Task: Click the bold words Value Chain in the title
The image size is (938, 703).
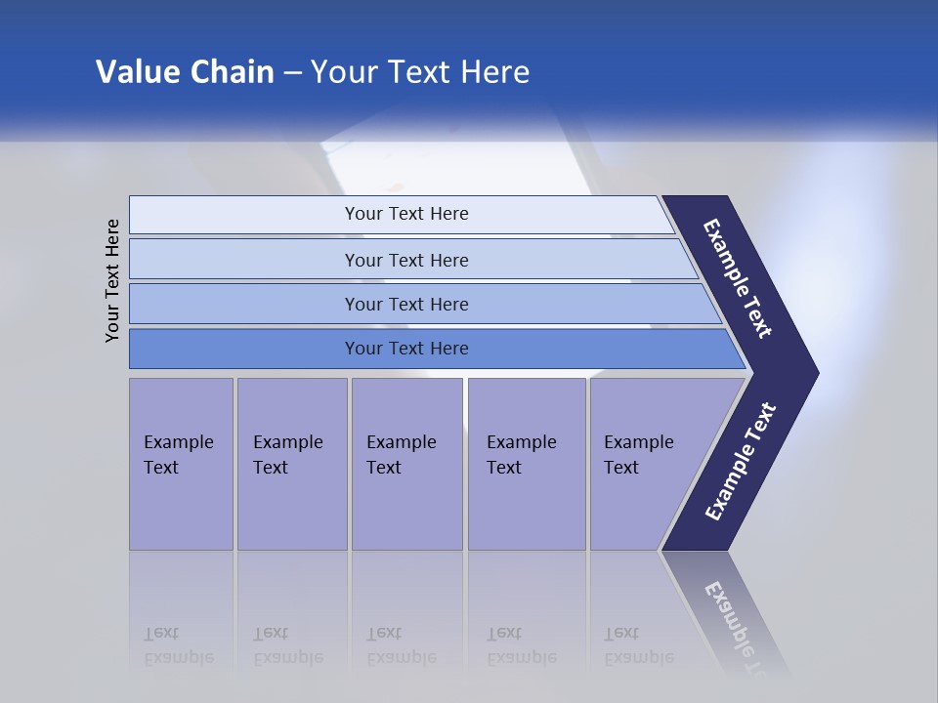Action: [185, 72]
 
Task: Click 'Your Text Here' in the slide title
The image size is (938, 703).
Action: [420, 72]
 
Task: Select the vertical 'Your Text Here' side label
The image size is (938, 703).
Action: [112, 280]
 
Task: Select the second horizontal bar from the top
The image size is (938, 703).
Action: [405, 260]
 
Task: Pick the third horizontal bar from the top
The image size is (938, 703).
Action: [405, 304]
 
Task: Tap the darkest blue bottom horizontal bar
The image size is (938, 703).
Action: [405, 349]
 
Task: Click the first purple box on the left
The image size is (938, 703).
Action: [181, 464]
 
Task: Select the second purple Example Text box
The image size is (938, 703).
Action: [291, 464]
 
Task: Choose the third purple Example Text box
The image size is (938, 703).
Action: [406, 464]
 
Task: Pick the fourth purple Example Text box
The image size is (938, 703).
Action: [527, 464]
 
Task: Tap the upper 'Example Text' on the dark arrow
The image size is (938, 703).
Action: [738, 278]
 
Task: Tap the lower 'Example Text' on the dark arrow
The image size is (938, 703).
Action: [740, 462]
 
